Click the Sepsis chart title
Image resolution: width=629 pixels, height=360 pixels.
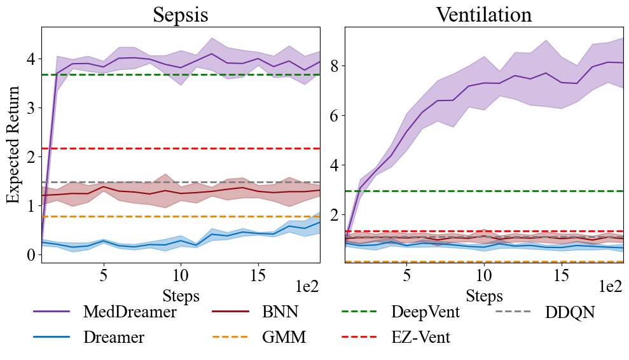[181, 15]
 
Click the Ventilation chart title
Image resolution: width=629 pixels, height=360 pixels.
[483, 15]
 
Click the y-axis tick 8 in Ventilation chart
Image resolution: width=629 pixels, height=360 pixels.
[335, 66]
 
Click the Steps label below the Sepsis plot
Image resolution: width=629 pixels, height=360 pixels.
[181, 295]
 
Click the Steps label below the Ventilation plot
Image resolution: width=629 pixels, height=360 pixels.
[484, 295]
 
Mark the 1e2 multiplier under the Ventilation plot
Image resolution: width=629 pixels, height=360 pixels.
[611, 287]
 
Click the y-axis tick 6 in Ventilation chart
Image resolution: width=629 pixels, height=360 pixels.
[335, 116]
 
